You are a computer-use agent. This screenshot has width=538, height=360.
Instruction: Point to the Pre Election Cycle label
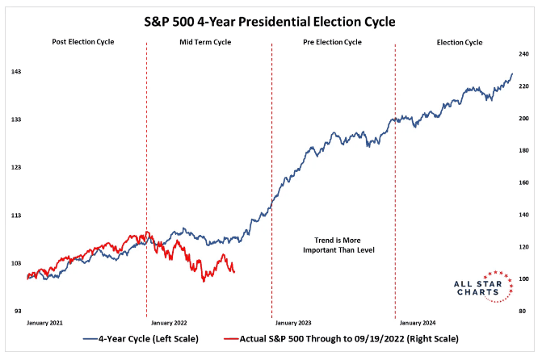click(333, 42)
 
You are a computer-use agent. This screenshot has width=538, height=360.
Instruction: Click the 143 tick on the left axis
click(15, 72)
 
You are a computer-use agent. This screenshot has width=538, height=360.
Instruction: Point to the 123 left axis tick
click(15, 167)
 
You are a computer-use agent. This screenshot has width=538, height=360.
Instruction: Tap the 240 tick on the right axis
click(522, 54)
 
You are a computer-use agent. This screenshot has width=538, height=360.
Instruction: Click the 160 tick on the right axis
click(522, 182)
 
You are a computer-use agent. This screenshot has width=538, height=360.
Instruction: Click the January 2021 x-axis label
click(47, 322)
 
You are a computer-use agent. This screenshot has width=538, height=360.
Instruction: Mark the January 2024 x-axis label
click(418, 322)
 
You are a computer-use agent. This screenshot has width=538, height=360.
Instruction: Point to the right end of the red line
click(234, 272)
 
